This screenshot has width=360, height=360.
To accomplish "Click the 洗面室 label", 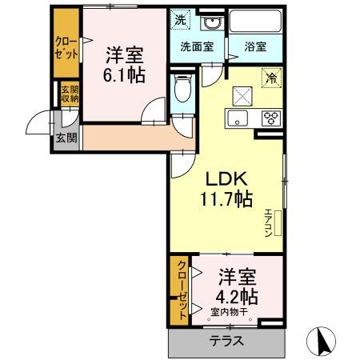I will pos(196,46).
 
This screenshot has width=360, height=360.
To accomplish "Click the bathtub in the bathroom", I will pos(254,23).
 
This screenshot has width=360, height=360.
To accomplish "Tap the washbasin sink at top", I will pos(211,22).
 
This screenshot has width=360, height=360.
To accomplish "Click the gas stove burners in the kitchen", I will pos(271,119).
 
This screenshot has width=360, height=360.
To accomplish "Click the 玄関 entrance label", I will pos(64,137).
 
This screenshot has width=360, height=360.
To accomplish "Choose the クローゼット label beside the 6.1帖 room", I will pos(66,48).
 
